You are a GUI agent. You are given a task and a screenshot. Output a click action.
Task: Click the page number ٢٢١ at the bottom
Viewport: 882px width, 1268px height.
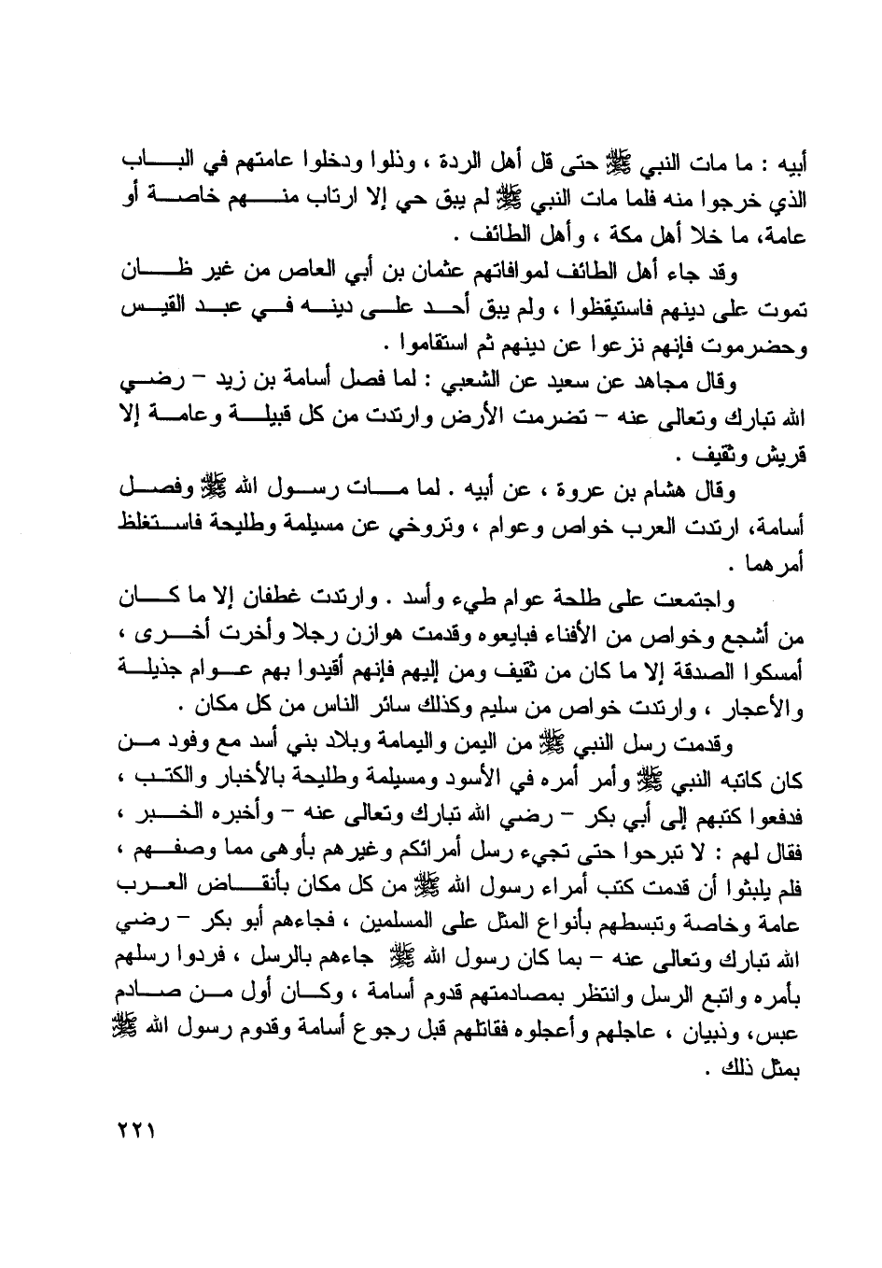[136, 1132]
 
